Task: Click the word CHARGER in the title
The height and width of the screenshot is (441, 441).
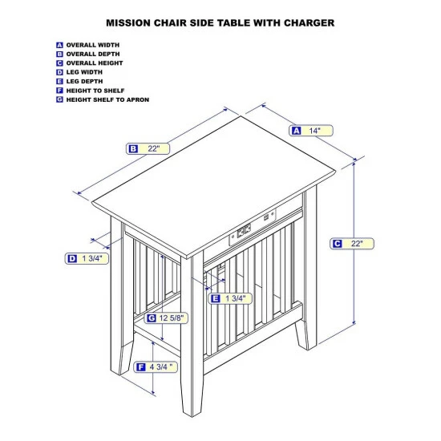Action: [309, 22]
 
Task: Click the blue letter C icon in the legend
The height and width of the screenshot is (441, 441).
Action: [59, 63]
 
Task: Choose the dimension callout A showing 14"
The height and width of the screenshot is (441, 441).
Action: [311, 131]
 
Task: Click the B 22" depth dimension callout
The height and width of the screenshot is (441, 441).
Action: [148, 148]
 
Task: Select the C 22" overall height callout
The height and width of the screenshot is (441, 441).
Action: [352, 244]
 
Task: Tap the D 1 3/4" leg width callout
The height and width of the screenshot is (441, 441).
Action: [87, 258]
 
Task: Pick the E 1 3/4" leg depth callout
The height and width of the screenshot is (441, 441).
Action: [230, 298]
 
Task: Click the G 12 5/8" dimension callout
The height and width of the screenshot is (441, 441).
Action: [166, 318]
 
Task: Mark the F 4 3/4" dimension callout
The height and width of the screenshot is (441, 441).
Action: [156, 367]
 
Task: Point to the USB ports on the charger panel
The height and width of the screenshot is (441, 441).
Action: [266, 217]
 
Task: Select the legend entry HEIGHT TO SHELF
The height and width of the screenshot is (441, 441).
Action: [95, 91]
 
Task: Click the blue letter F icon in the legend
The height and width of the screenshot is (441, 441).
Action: [59, 91]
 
